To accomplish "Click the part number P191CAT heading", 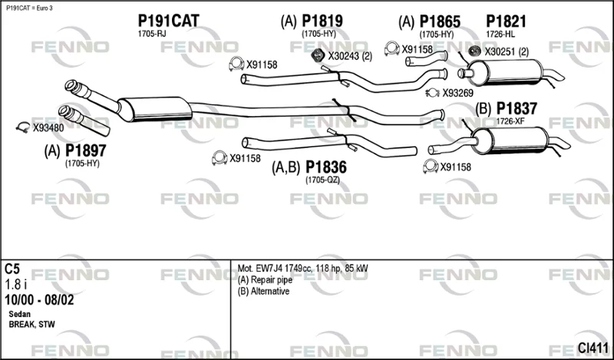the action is click(x=168, y=21).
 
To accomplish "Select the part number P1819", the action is click(x=322, y=21).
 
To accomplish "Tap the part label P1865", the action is click(x=440, y=21).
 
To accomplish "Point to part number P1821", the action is click(x=506, y=21).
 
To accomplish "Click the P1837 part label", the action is click(x=517, y=108).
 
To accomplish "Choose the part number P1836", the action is click(x=325, y=167).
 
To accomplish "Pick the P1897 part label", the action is click(x=85, y=150).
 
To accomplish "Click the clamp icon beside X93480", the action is click(x=23, y=127).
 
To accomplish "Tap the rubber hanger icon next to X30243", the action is click(x=318, y=55).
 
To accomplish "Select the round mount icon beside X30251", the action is click(x=475, y=51).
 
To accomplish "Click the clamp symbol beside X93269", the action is click(x=433, y=93).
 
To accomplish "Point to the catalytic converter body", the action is click(x=155, y=109).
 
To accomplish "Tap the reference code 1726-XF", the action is click(x=510, y=121).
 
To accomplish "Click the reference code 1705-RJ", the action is click(x=151, y=34).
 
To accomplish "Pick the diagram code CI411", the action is click(x=593, y=348).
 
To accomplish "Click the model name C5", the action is click(x=12, y=269).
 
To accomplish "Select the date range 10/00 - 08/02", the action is click(x=39, y=300).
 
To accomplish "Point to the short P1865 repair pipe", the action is click(x=427, y=58).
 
